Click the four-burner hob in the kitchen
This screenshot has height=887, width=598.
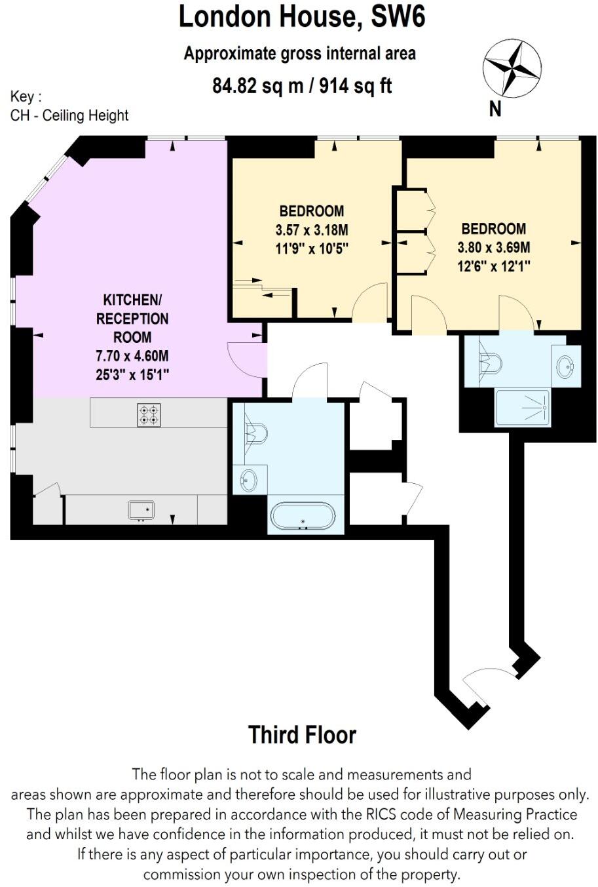point(149,415)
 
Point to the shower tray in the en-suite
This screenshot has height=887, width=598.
point(522,406)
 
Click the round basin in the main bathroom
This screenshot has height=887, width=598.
point(248,481)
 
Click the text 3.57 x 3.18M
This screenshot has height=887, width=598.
point(311,230)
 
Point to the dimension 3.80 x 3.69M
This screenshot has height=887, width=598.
point(493,248)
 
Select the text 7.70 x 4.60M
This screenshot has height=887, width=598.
point(132,357)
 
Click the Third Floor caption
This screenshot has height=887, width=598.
point(302,735)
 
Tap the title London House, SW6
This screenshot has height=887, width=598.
point(302,17)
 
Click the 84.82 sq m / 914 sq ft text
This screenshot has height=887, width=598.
point(302,86)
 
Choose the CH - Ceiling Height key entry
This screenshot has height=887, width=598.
point(69,116)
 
